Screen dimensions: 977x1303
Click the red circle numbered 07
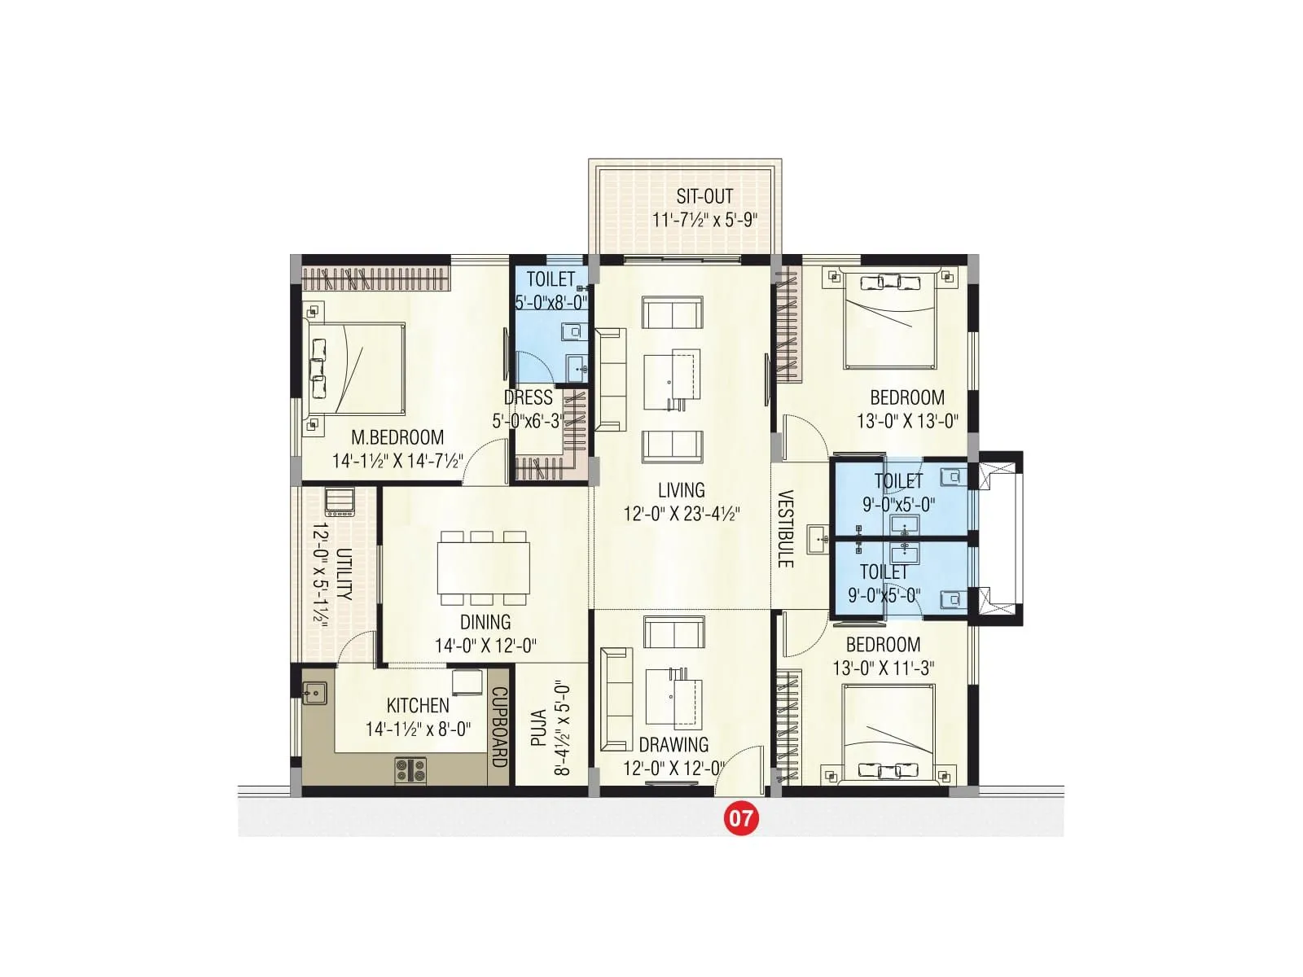pyautogui.click(x=741, y=817)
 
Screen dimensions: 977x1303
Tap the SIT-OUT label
pyautogui.click(x=704, y=196)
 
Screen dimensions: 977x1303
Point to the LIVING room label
pyautogui.click(x=682, y=490)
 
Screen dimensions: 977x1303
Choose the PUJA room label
pyautogui.click(x=538, y=729)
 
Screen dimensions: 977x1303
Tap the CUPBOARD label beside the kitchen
pyautogui.click(x=498, y=727)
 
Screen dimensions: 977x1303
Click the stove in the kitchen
pyautogui.click(x=410, y=769)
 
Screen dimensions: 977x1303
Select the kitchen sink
pyautogui.click(x=314, y=693)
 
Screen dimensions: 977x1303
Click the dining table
pyautogui.click(x=484, y=568)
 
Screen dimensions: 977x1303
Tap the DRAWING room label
pyautogui.click(x=673, y=744)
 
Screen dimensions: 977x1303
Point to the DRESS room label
pyautogui.click(x=528, y=398)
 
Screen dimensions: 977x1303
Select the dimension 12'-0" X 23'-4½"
pyautogui.click(x=682, y=514)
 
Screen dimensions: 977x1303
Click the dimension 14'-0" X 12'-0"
pyautogui.click(x=485, y=646)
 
